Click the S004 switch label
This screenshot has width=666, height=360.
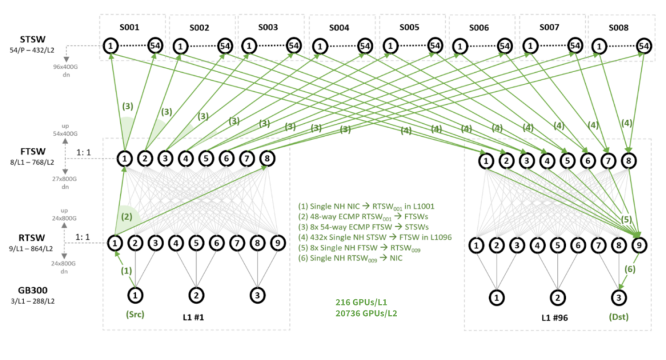pos(339,28)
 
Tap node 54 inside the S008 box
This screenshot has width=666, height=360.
pos(644,46)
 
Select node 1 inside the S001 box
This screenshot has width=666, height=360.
pos(110,46)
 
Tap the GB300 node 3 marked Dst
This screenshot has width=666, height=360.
pos(618,297)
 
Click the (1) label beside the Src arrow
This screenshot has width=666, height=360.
pos(125,270)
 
